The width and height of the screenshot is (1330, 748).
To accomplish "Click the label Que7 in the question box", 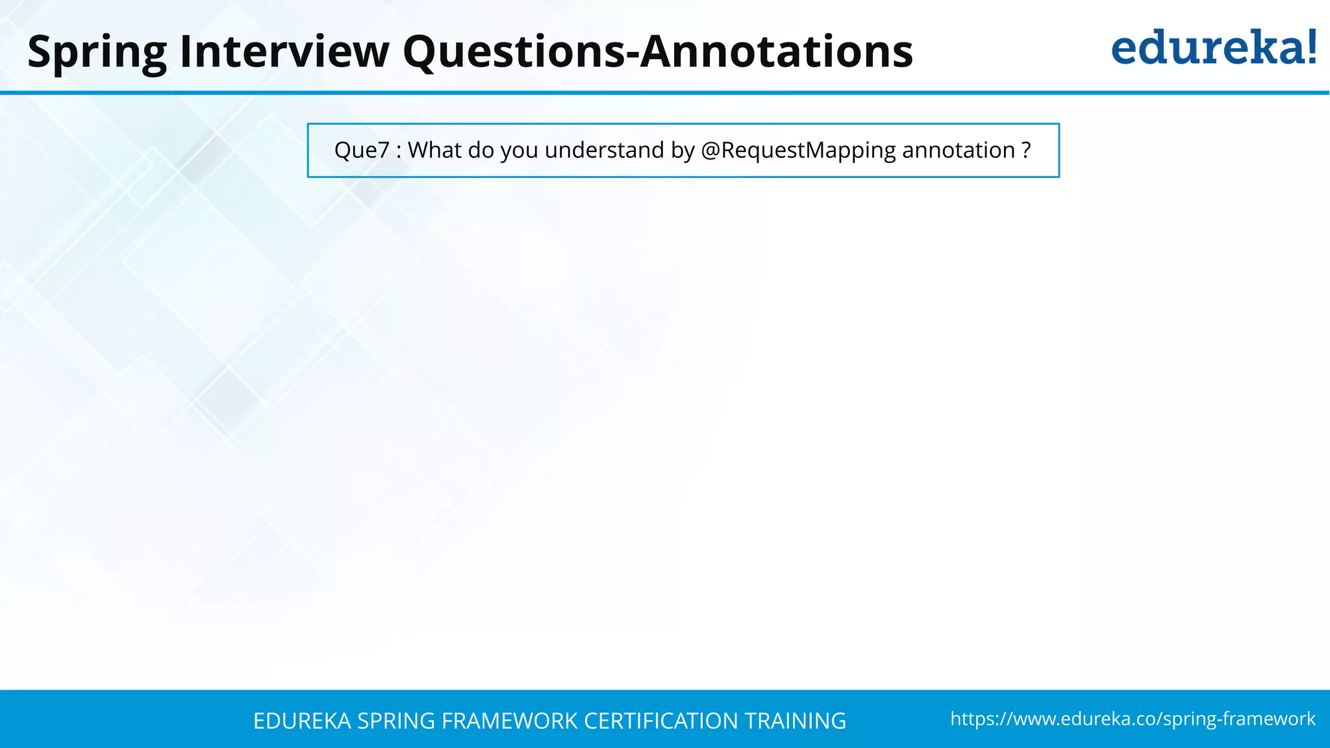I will [x=362, y=151].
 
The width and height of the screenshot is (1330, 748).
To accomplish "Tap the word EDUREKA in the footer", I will [x=302, y=721].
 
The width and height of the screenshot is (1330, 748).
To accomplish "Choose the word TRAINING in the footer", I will [x=796, y=721].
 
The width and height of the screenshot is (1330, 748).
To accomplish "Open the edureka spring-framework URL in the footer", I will [x=1133, y=719].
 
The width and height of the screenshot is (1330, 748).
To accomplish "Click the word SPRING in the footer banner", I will [x=395, y=721].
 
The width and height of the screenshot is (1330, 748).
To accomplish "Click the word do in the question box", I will [x=481, y=151].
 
